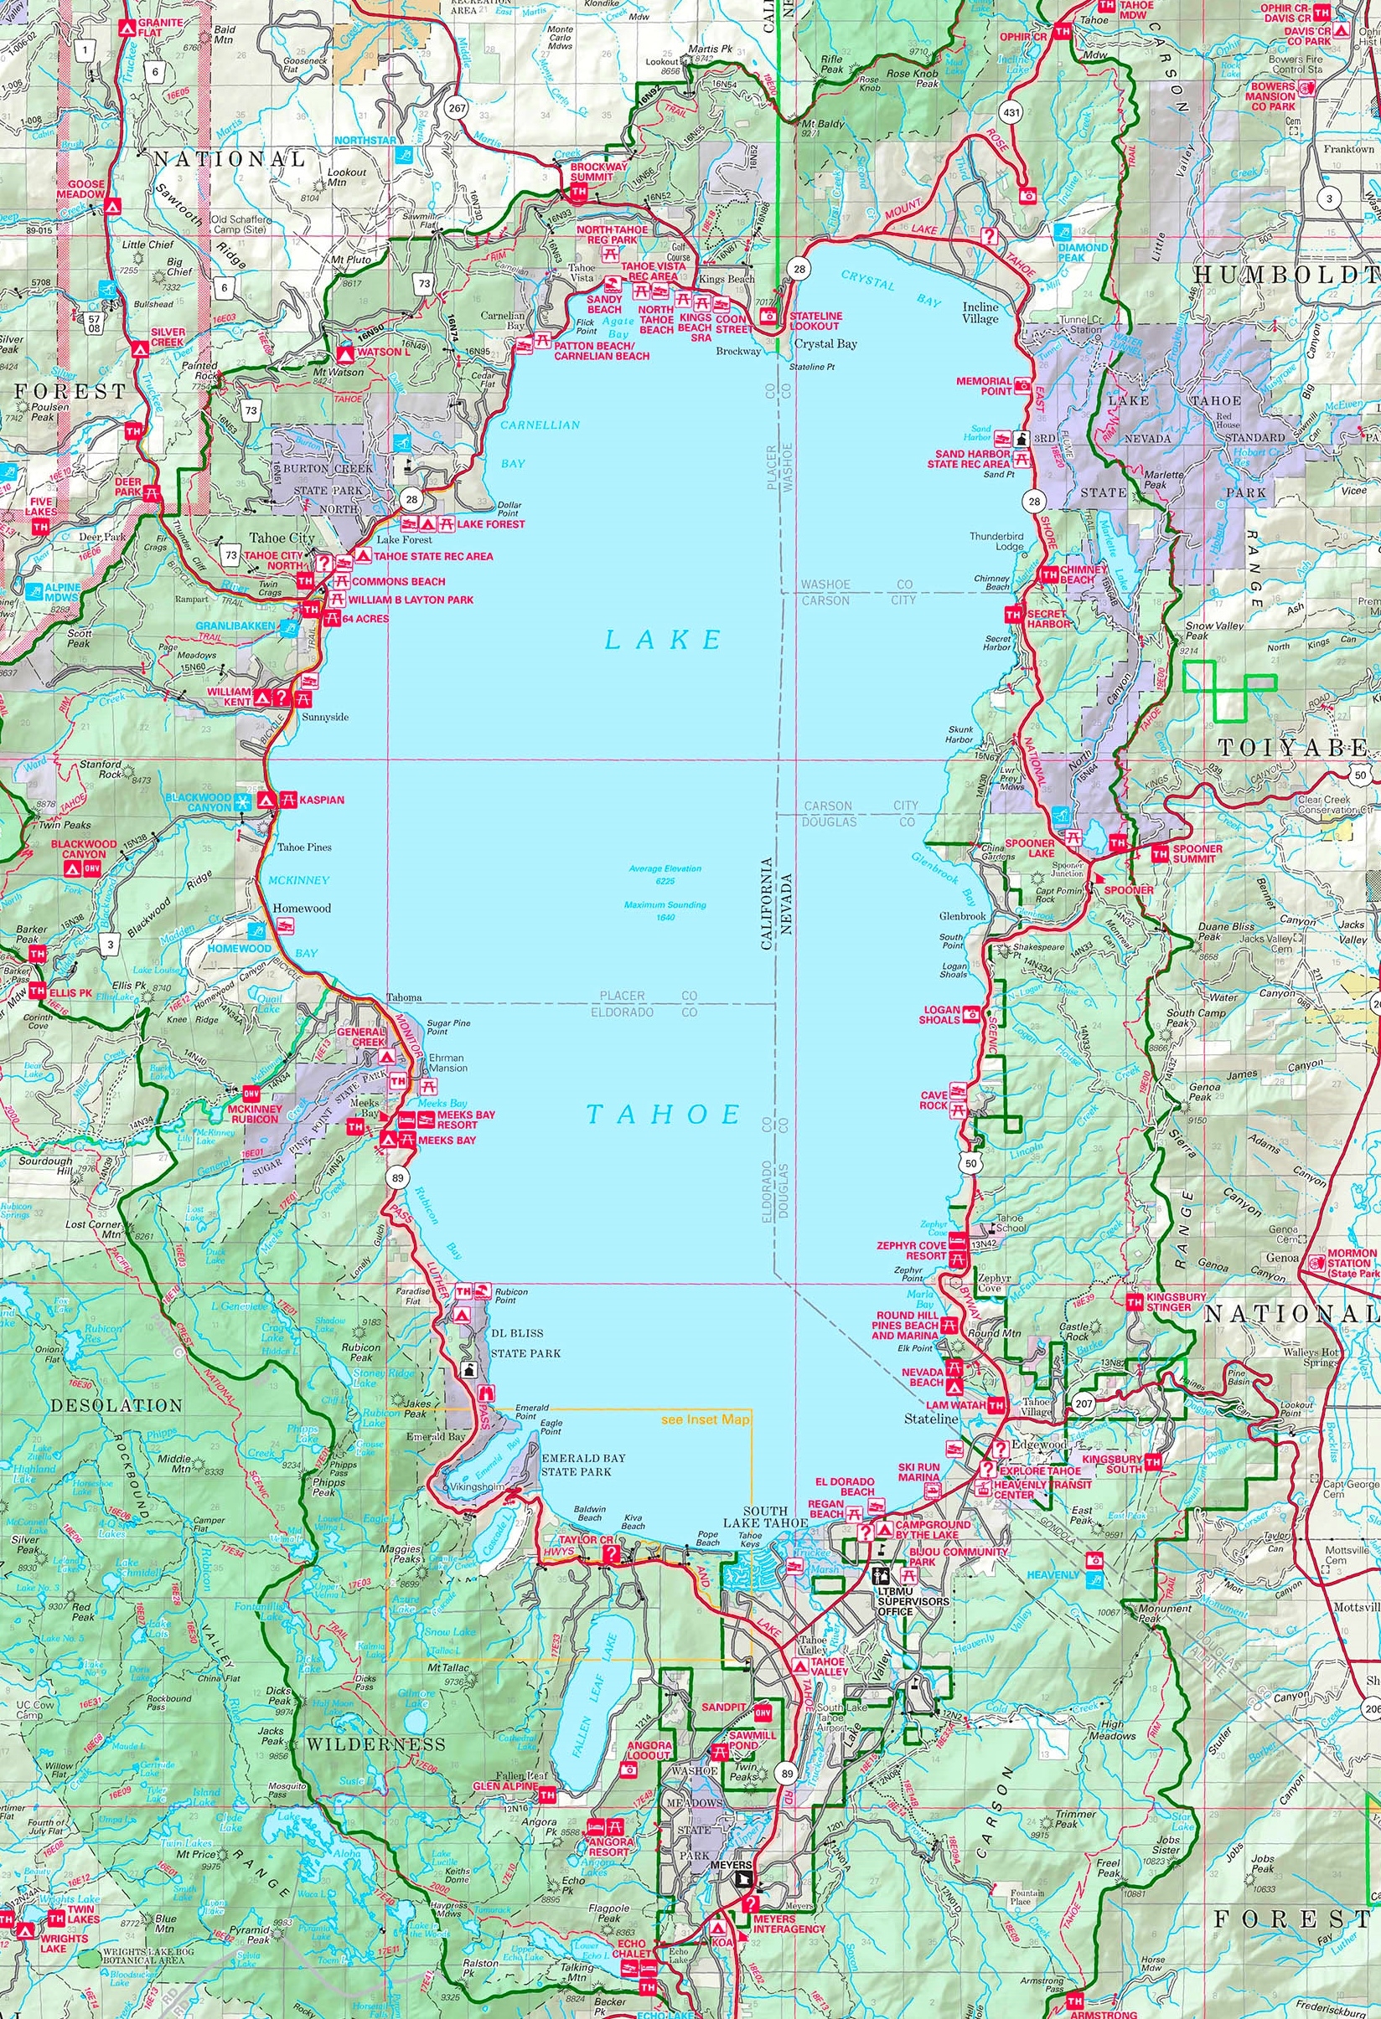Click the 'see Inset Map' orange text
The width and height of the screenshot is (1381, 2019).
(705, 1419)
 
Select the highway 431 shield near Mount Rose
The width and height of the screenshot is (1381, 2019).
(1011, 112)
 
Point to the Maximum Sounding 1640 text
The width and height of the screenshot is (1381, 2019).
(665, 910)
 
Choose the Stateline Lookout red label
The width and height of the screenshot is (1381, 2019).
(815, 321)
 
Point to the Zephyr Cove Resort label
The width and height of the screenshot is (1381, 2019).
(911, 1250)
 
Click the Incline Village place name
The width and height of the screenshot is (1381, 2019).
(980, 312)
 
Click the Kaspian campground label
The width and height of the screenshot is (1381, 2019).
(322, 799)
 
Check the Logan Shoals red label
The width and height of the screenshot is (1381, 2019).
(939, 1015)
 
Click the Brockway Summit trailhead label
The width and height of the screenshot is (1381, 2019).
(592, 170)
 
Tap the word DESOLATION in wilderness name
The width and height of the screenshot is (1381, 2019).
(116, 1405)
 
